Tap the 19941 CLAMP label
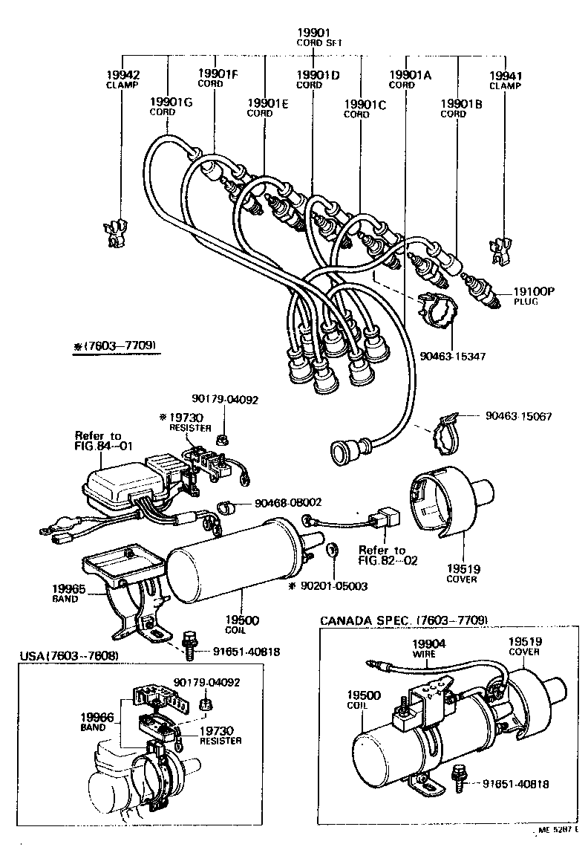point(506,79)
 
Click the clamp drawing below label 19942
point(114,233)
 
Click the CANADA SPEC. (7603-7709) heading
point(403,620)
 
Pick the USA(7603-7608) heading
point(69,655)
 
